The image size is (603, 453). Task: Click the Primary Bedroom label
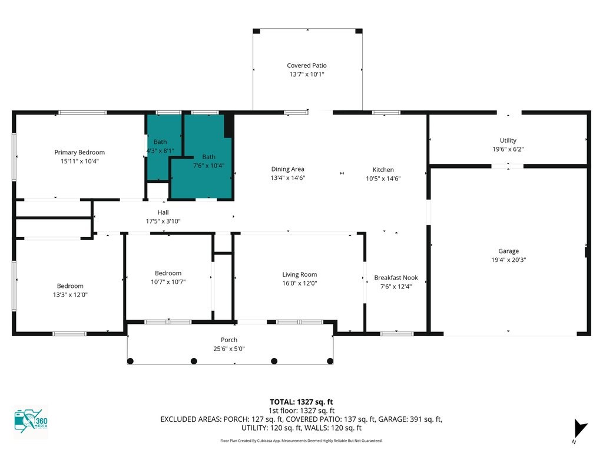(79, 152)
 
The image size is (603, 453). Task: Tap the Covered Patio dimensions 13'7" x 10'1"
(307, 74)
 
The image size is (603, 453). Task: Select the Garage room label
(508, 251)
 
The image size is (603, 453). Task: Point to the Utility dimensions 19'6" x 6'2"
(508, 149)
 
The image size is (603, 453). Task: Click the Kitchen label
(383, 169)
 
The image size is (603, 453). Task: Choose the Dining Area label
(287, 169)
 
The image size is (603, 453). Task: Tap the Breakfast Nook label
(396, 278)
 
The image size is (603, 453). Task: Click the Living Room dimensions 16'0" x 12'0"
(300, 283)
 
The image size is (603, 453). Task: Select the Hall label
(163, 212)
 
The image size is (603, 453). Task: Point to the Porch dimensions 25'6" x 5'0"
(229, 349)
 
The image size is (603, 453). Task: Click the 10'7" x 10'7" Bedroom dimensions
(168, 282)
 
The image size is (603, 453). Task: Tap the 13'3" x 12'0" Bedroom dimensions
(71, 295)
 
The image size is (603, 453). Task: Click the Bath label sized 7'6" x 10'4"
(209, 157)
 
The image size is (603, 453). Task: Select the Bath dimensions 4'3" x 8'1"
(160, 150)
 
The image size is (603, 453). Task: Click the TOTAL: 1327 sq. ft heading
(301, 402)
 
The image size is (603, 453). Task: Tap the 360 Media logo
(31, 421)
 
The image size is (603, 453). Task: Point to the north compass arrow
(580, 428)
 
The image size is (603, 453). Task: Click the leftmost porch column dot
(130, 361)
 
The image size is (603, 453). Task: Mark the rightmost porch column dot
(330, 361)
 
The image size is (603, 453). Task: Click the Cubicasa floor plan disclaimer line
(301, 441)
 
